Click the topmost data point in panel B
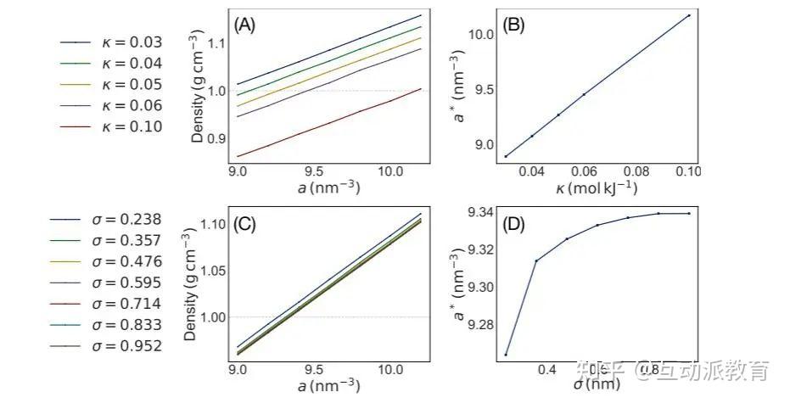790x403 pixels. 688,15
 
